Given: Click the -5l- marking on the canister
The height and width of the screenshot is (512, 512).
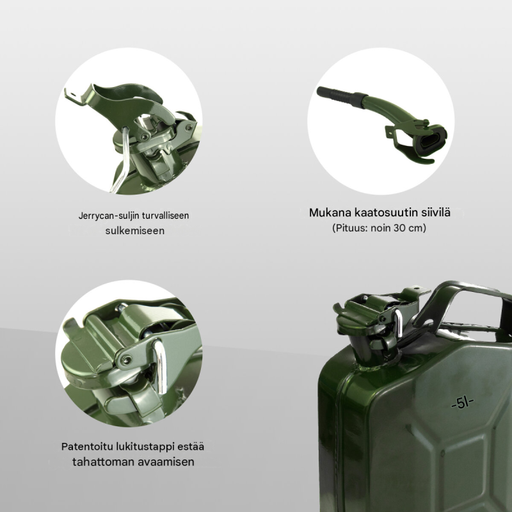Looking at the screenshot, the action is point(462,403).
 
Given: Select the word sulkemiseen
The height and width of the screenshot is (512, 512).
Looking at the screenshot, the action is point(135,230).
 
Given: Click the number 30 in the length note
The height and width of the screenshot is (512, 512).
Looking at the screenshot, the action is point(399,228).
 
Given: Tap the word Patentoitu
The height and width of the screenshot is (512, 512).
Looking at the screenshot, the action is point(87,446).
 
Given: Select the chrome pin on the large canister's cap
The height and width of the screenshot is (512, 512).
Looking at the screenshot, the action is point(397,323).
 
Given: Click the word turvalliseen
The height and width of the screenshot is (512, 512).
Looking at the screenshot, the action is point(166,216).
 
